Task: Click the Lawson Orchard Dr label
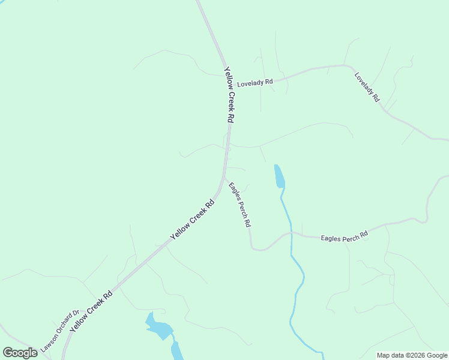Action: (60, 331)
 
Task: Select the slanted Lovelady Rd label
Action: (367, 86)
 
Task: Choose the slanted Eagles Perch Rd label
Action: (240, 204)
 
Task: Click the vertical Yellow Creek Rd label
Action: (229, 95)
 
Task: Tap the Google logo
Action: (20, 353)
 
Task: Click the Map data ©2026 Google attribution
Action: (412, 355)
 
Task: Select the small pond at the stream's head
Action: (279, 176)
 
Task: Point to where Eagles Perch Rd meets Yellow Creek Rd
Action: (224, 178)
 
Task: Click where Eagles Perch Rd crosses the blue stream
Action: (291, 233)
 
